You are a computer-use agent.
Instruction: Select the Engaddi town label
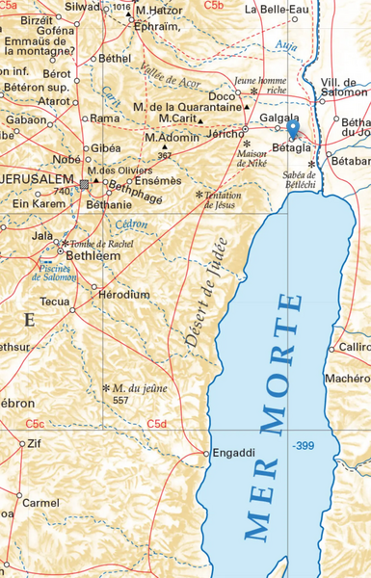(233, 452)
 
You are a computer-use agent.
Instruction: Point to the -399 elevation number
(304, 446)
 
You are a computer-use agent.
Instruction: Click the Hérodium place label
(124, 294)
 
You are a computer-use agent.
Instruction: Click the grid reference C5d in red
(157, 424)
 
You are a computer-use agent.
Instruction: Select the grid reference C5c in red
(35, 424)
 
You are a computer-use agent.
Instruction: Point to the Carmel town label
(40, 503)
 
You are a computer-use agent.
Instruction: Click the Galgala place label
(279, 117)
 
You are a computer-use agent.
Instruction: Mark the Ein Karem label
(37, 203)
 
